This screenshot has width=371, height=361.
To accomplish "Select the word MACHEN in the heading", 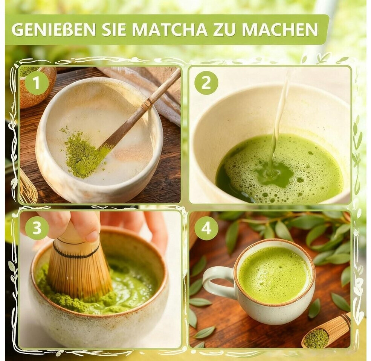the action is (x=279, y=30).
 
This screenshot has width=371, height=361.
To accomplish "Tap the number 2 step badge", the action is (x=206, y=83).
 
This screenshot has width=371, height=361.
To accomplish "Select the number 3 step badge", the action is (x=36, y=228).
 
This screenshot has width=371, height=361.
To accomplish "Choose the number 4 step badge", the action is (x=206, y=228).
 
